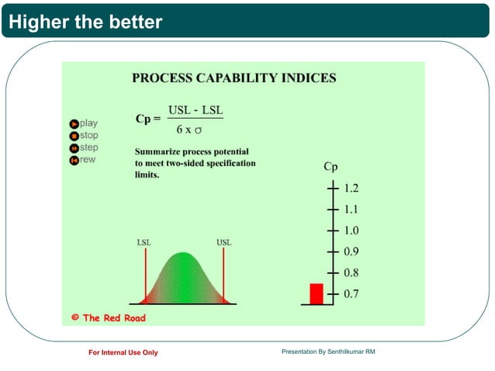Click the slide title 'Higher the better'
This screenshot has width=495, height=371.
point(84,23)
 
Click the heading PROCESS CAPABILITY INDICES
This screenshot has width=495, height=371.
point(234,78)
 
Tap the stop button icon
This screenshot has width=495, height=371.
point(74,136)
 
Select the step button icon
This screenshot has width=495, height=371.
point(74,147)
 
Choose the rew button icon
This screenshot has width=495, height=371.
point(74,160)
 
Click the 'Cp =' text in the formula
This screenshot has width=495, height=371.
point(148,119)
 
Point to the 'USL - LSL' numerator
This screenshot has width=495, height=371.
point(196,109)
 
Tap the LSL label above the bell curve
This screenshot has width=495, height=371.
point(144,242)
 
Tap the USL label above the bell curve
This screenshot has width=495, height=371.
point(223,242)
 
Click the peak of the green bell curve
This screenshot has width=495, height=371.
point(183,255)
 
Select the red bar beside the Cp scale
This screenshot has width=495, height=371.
point(316,294)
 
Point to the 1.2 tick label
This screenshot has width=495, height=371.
point(351,188)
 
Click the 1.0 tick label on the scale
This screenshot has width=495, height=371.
point(351,231)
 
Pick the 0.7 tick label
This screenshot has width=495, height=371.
point(351,295)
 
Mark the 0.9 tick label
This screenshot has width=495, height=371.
point(351,252)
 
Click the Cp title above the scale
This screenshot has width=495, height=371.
point(331,166)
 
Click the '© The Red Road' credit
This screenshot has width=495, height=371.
point(109,317)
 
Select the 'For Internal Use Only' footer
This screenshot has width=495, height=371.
point(123,353)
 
